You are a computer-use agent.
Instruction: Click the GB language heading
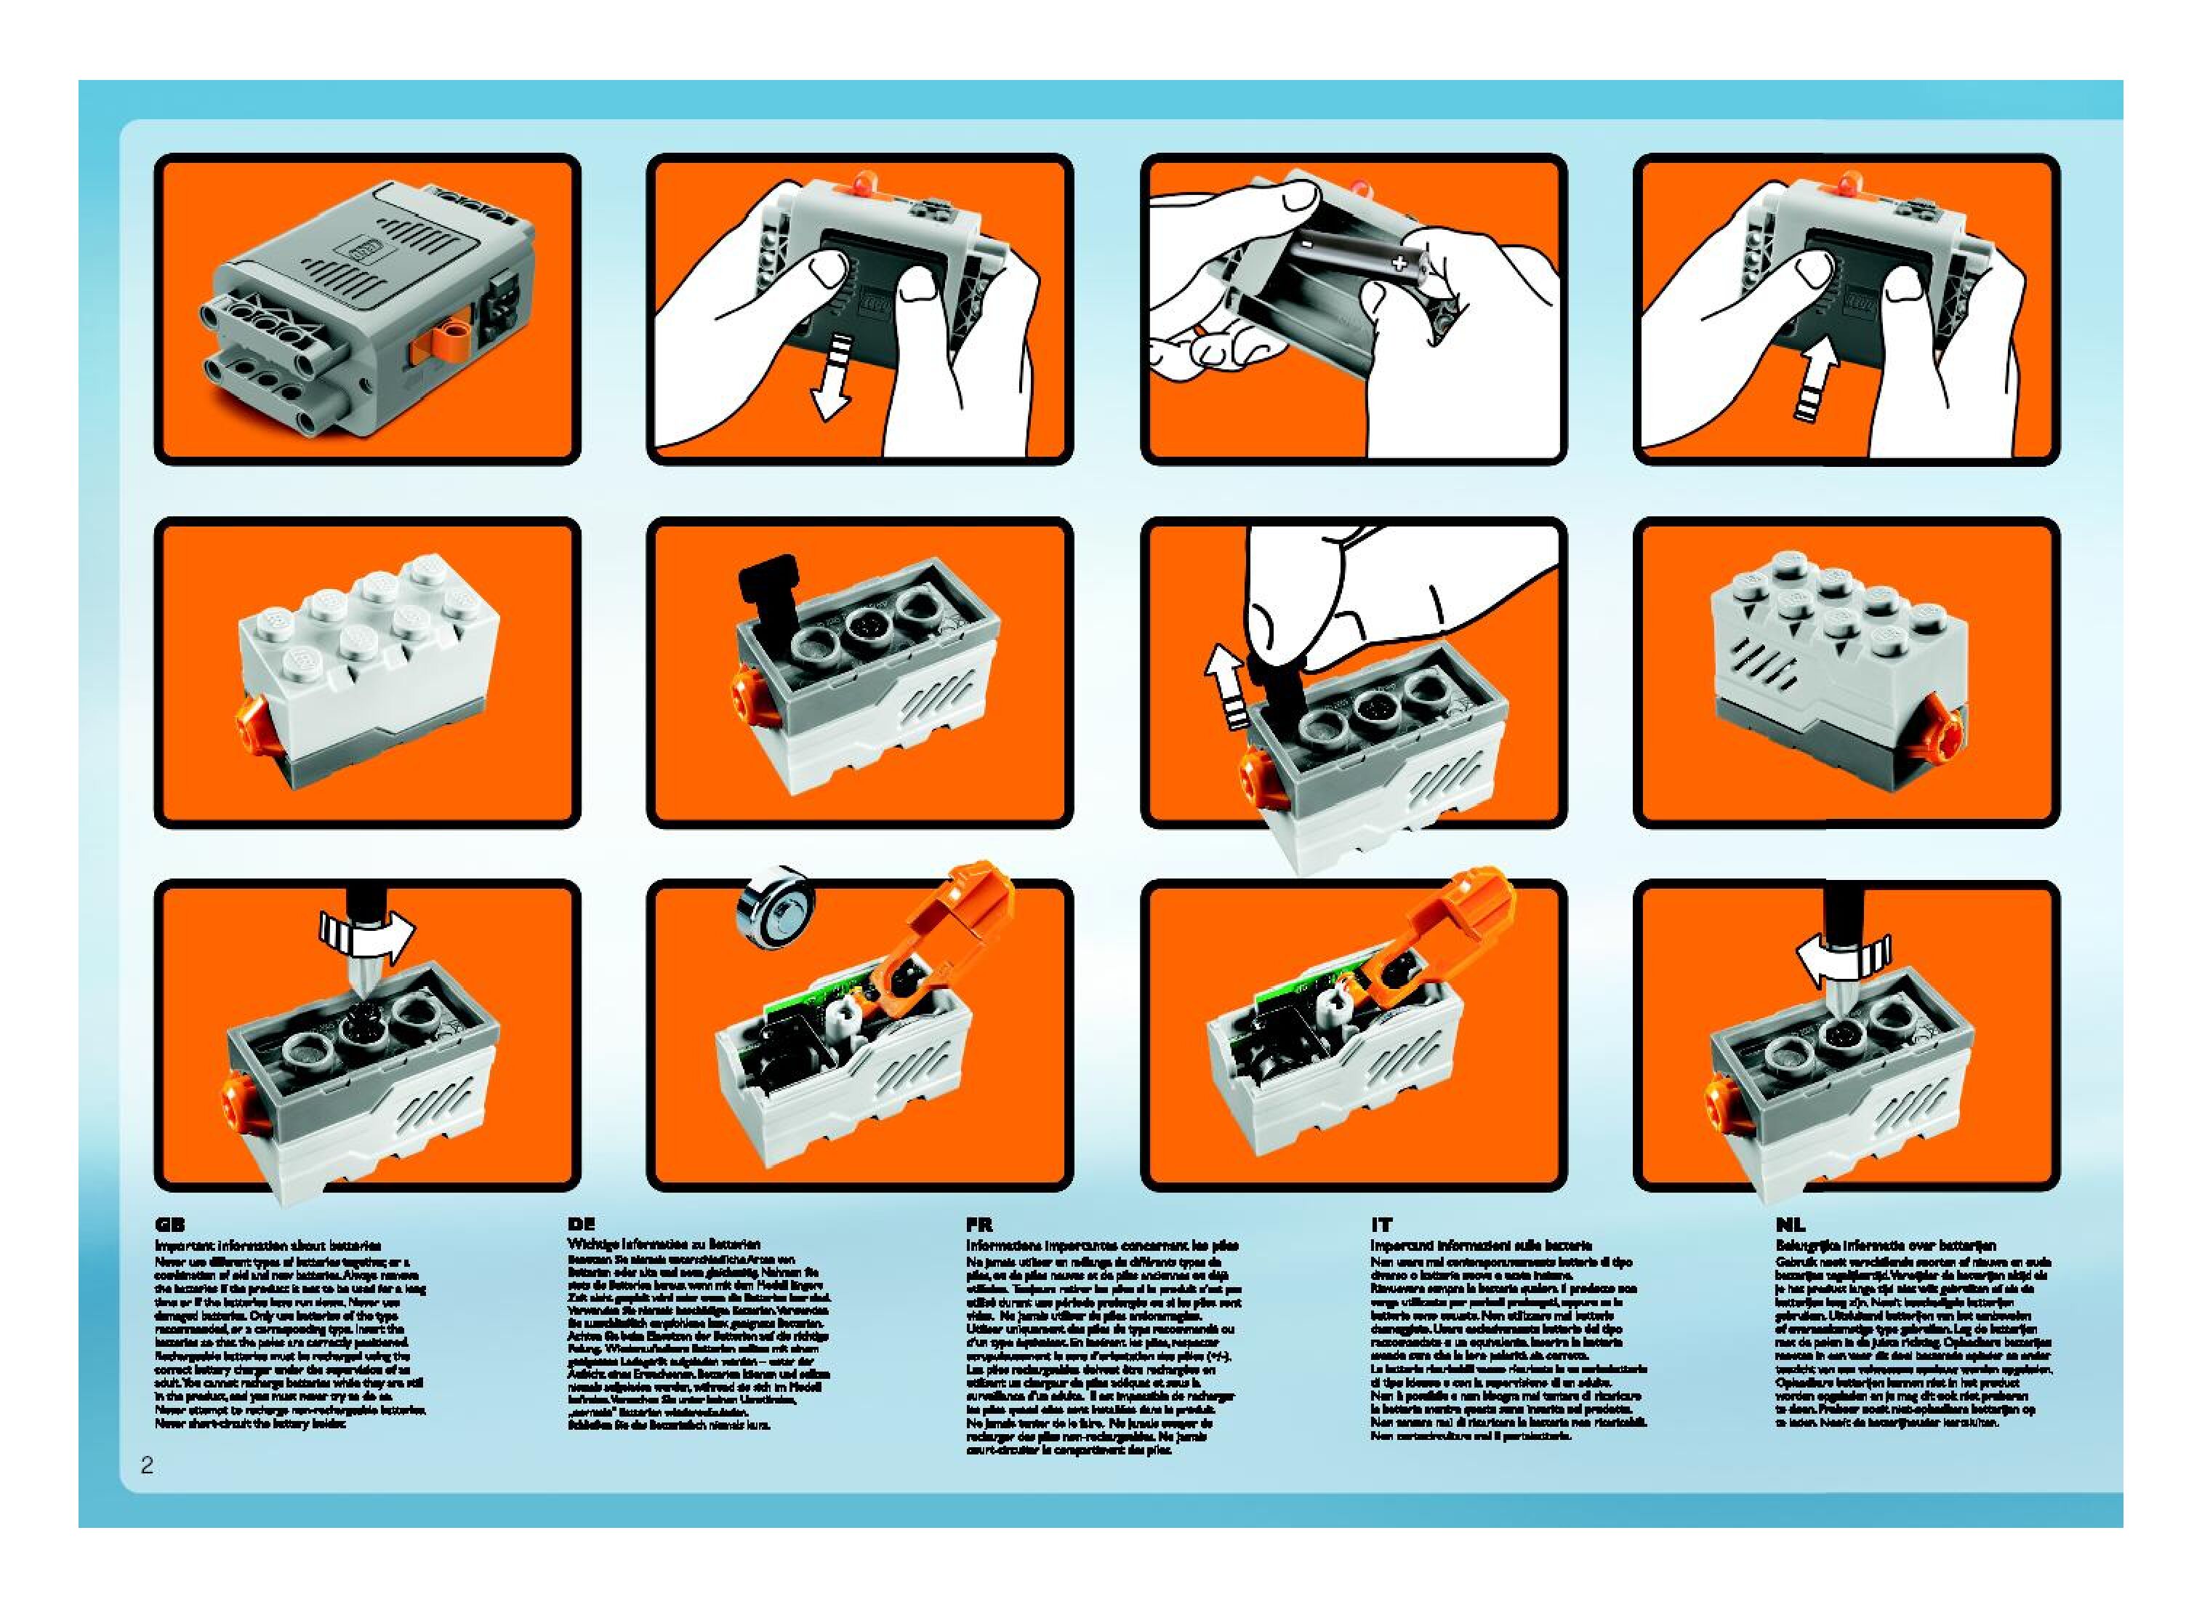(170, 1225)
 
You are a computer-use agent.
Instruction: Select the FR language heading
(979, 1225)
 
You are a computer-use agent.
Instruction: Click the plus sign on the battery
(1400, 263)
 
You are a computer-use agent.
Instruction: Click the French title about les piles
(1102, 1246)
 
